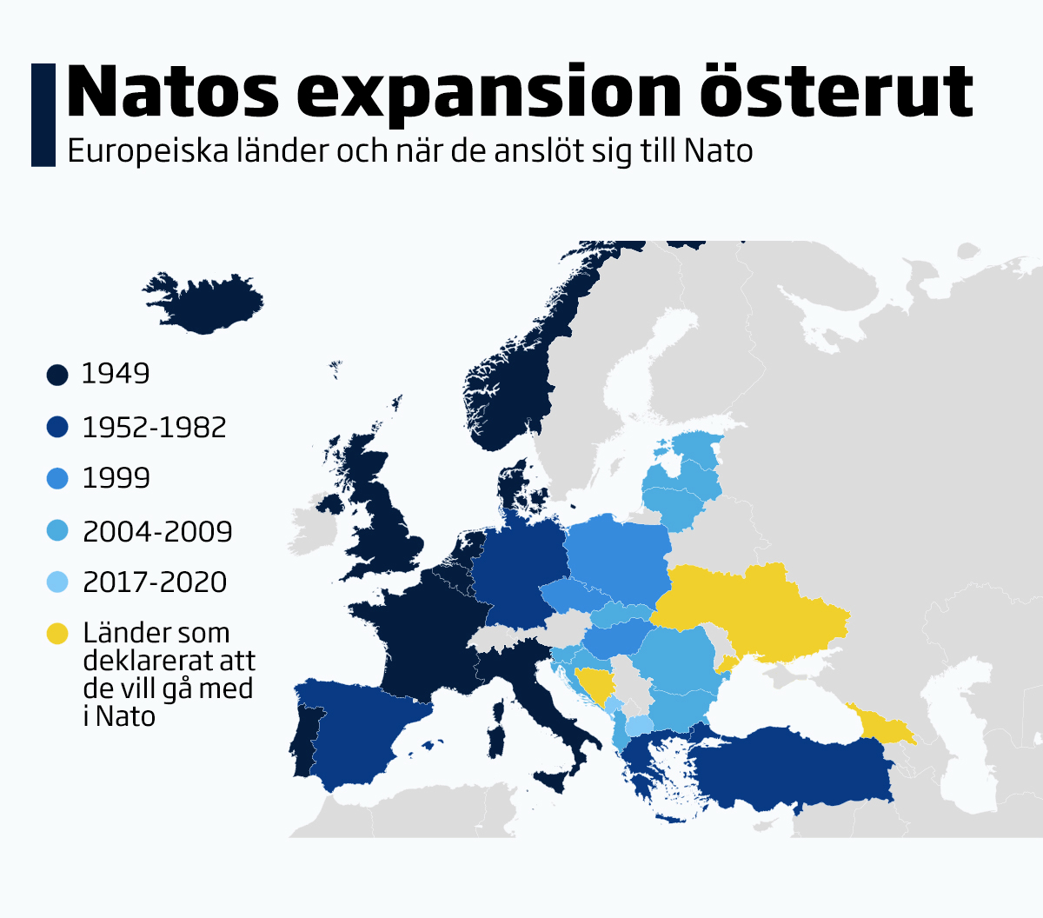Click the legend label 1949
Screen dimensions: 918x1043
[x=116, y=374]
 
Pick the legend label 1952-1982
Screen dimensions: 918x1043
[x=154, y=427]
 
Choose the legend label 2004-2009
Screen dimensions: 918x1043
[x=157, y=531]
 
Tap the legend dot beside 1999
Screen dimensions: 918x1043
[x=57, y=478]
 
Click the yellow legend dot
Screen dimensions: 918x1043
[x=57, y=635]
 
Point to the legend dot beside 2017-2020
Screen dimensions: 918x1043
[x=57, y=582]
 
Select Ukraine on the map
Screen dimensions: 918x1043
[x=756, y=609]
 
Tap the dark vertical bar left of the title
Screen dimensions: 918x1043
[x=43, y=114]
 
